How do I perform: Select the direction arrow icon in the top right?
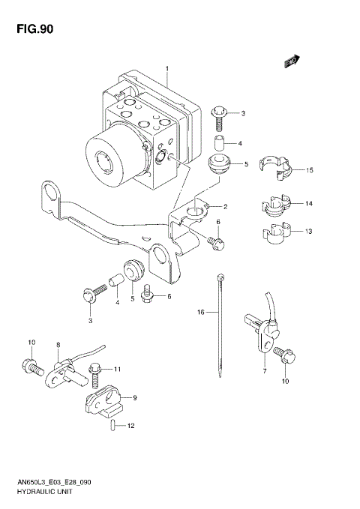pyautogui.click(x=292, y=62)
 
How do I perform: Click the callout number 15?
pyautogui.click(x=309, y=171)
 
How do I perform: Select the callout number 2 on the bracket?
pyautogui.click(x=223, y=206)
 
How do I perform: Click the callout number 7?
pyautogui.click(x=264, y=372)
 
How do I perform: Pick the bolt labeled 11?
pyautogui.click(x=94, y=370)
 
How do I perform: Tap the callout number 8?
pyautogui.click(x=57, y=345)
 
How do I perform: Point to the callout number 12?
pyautogui.click(x=130, y=427)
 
